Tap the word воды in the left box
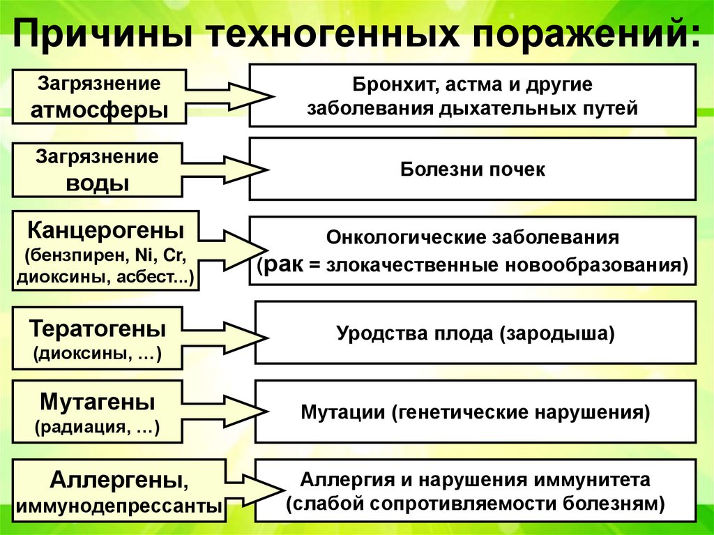coord(97,183)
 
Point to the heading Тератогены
coord(98,328)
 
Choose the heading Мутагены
coord(98,402)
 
